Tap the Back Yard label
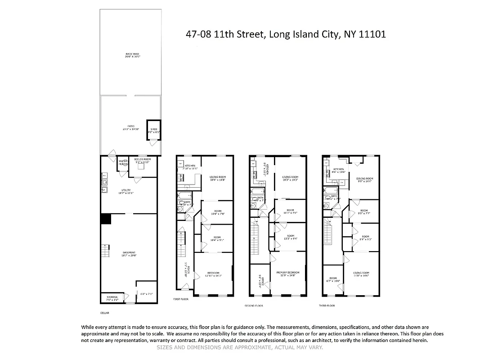[133, 56]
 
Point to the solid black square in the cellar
[106, 219]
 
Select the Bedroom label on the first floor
[213, 274]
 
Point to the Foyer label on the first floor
[185, 270]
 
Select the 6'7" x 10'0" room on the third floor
[333, 279]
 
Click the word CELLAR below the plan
[105, 313]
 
